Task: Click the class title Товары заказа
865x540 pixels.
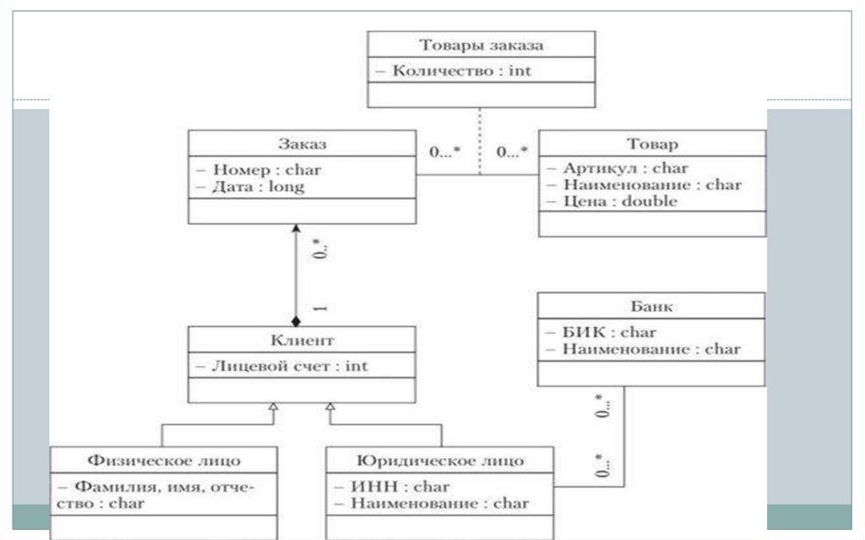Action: click(x=481, y=46)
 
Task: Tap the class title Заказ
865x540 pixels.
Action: click(x=301, y=145)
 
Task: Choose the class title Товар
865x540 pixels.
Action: click(x=652, y=145)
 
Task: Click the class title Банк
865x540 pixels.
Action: click(x=650, y=307)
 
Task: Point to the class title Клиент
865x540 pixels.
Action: click(x=301, y=341)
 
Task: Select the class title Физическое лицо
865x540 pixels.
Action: click(x=164, y=461)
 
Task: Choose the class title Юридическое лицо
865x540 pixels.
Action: click(x=439, y=461)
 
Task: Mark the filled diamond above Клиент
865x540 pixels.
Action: click(x=296, y=321)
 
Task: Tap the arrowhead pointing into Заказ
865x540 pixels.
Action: click(x=296, y=229)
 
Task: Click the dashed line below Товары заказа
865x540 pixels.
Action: click(x=480, y=139)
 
